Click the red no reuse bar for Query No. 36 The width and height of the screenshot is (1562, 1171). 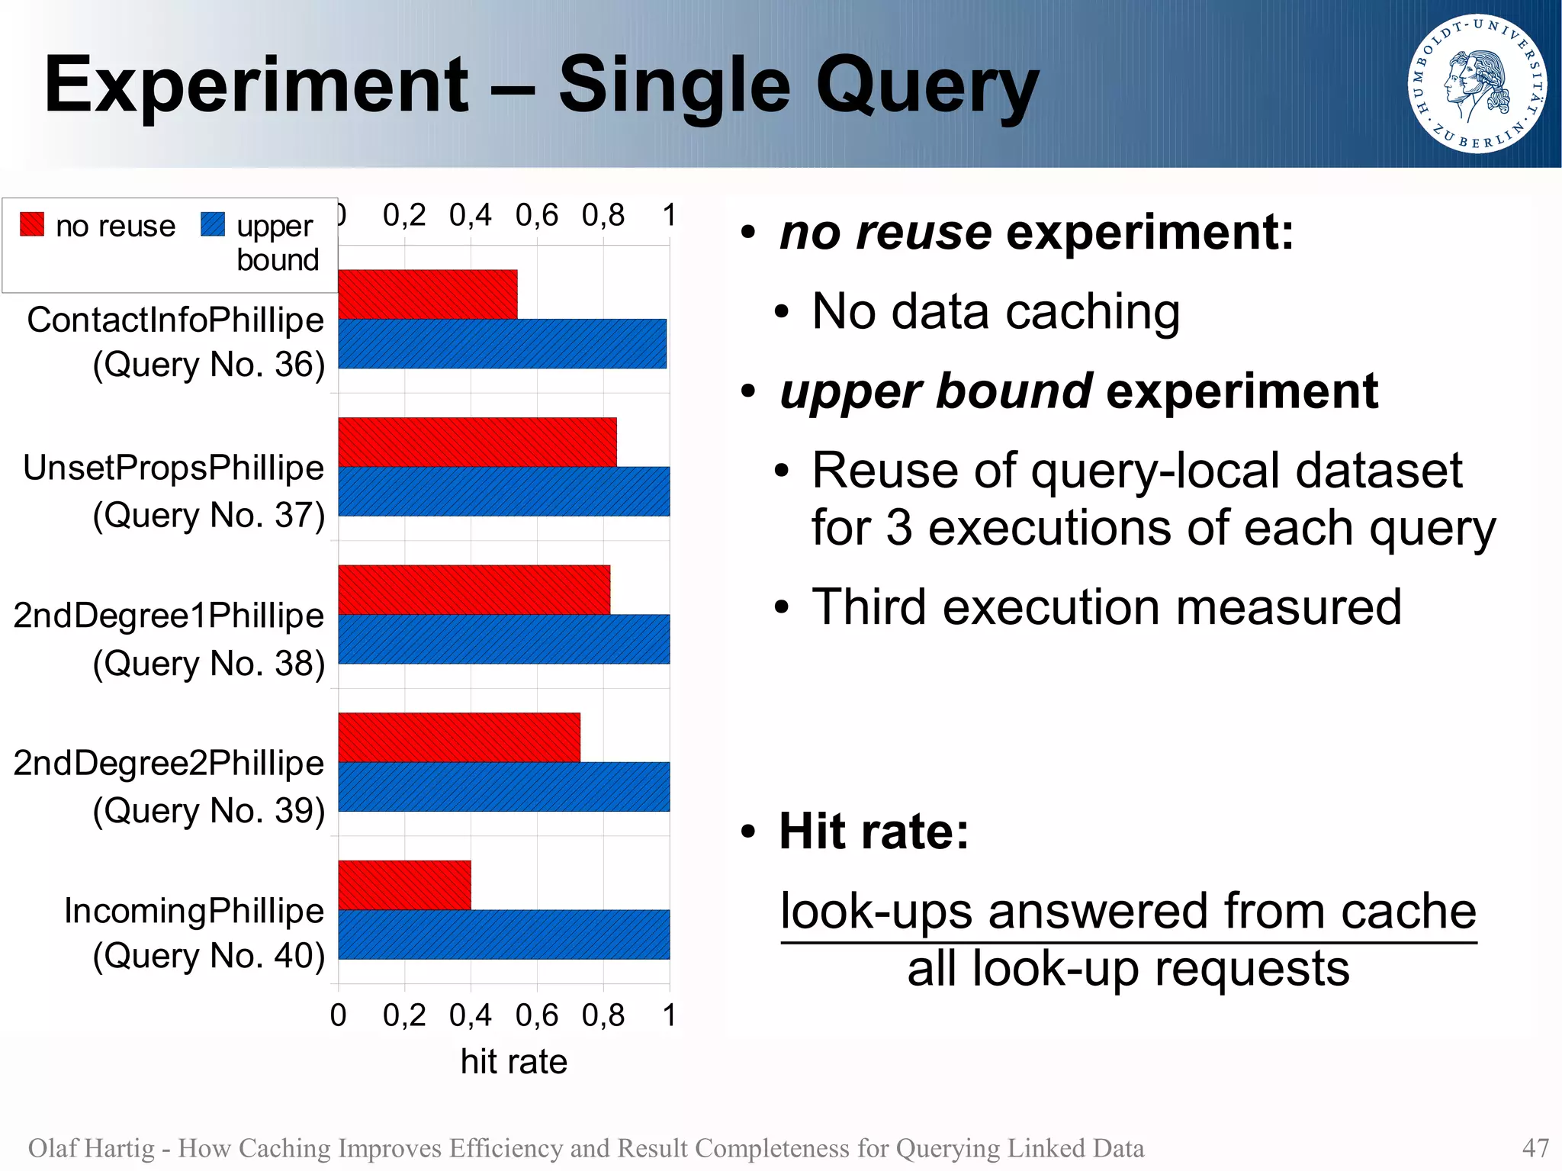[427, 294]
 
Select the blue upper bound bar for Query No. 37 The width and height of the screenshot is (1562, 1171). [503, 491]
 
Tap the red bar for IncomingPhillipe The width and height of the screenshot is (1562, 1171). [404, 885]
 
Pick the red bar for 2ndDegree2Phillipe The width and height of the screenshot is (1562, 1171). [458, 737]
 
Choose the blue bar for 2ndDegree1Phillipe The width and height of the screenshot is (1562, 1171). [503, 639]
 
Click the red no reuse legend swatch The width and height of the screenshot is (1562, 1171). [32, 224]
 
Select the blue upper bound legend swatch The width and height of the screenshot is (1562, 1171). [213, 224]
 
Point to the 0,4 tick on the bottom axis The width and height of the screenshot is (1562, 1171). [470, 1015]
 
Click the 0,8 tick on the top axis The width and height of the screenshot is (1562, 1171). [603, 216]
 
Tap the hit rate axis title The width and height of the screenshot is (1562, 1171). [513, 1061]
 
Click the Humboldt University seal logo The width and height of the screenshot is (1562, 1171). [1477, 84]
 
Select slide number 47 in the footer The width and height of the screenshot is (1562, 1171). [1535, 1147]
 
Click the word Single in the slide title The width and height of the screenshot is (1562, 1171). [674, 85]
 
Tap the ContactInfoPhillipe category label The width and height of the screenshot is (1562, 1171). [175, 320]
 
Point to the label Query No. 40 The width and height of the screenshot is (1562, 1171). [209, 955]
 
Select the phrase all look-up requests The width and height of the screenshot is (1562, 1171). [1128, 968]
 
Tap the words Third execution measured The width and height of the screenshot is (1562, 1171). [1106, 606]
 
